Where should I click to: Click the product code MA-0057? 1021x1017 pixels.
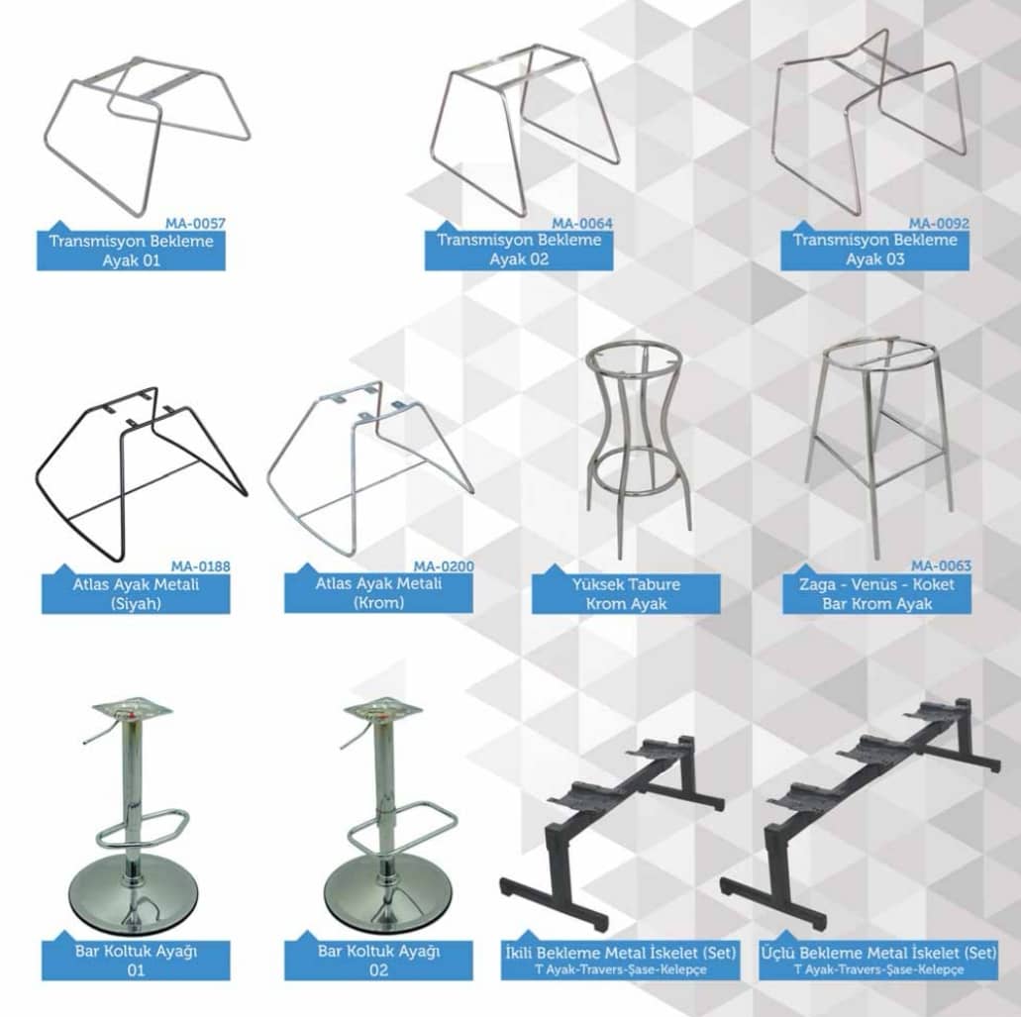coord(195,224)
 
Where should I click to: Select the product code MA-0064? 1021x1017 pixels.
coord(582,224)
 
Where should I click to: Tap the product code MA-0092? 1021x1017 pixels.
coord(939,224)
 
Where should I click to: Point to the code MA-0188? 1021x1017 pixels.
coord(201,566)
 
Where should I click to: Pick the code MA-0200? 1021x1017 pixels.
coord(444,566)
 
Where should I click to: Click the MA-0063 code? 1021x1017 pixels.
coord(941,565)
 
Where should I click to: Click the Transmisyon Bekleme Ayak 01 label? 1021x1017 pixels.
coord(131,251)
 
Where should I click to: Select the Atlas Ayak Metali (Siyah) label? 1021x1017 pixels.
coord(136,594)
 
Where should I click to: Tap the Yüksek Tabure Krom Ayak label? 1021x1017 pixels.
coord(627,594)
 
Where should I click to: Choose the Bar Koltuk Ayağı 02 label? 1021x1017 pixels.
coord(378,961)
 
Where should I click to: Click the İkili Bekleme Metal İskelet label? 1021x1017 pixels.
coord(621,954)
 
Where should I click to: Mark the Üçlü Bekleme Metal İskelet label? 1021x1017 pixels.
coord(878,954)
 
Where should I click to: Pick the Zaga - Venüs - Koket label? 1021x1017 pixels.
coord(876,584)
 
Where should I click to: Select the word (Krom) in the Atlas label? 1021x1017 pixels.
coord(378,602)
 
